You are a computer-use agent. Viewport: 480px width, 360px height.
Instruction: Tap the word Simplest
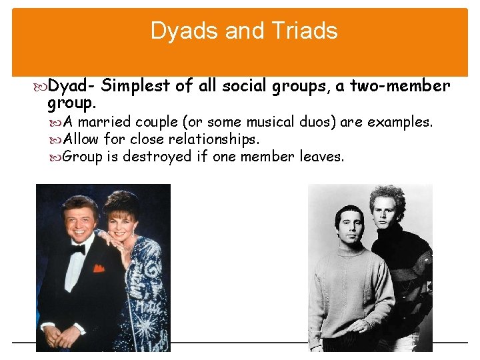(x=139, y=86)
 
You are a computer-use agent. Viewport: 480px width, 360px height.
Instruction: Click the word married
(x=105, y=123)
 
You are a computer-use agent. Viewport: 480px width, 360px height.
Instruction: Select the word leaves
(x=322, y=157)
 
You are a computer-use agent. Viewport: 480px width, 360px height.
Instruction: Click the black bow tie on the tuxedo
(x=77, y=249)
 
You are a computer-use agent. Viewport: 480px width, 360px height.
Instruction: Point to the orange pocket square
(x=99, y=268)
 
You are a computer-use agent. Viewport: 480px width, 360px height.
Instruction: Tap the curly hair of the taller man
(x=388, y=201)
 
